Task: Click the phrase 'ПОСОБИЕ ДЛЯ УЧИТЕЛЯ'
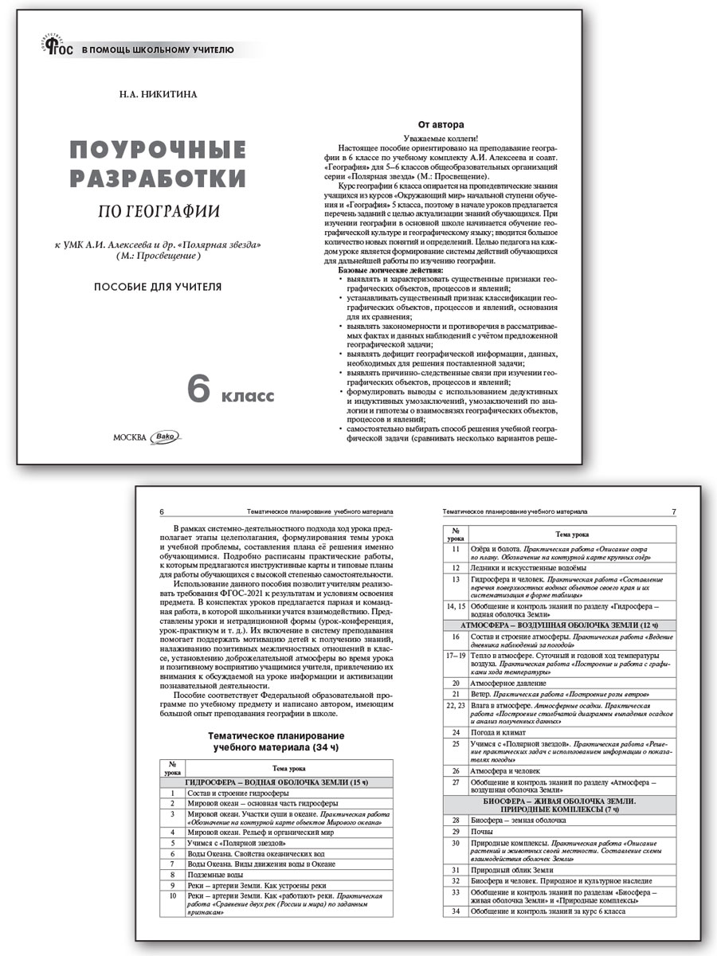(x=156, y=287)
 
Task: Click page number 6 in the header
(x=162, y=511)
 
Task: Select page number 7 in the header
(x=673, y=511)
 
